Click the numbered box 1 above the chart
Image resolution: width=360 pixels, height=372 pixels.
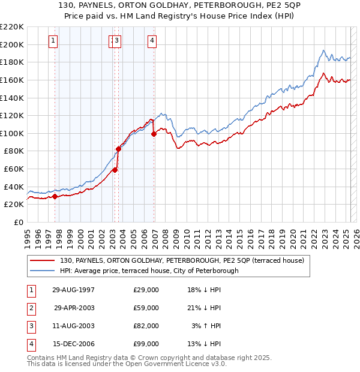(x=53, y=41)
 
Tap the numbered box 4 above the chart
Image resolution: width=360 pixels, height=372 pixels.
(x=152, y=41)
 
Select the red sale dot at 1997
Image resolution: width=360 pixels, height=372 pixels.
(x=55, y=196)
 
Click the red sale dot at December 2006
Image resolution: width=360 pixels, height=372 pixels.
(x=154, y=134)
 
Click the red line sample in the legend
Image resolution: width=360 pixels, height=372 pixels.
(x=43, y=260)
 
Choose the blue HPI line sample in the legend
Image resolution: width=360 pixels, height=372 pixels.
(x=43, y=271)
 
